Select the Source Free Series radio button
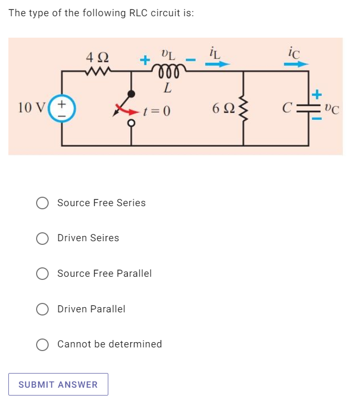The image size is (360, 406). pyautogui.click(x=42, y=203)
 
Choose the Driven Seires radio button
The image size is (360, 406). pyautogui.click(x=42, y=239)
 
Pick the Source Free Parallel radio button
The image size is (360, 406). pyautogui.click(x=42, y=274)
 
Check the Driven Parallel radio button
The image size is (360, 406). pyautogui.click(x=42, y=309)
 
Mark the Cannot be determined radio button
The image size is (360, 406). pyautogui.click(x=42, y=344)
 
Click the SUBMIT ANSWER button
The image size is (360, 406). pyautogui.click(x=58, y=385)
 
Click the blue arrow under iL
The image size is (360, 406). pyautogui.click(x=216, y=64)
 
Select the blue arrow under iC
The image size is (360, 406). pyautogui.click(x=296, y=64)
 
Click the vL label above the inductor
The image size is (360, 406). pyautogui.click(x=167, y=53)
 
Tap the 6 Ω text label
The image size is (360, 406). pyautogui.click(x=220, y=109)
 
